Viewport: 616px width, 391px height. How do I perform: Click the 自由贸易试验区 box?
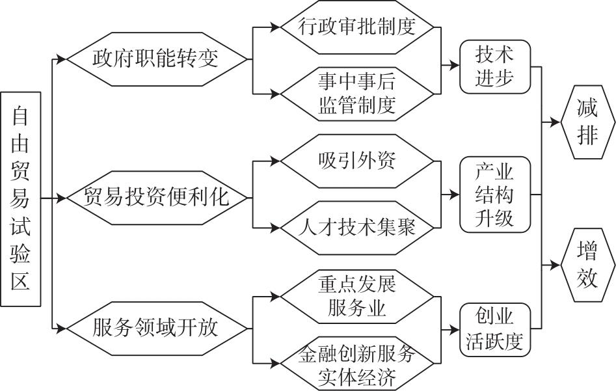click(21, 199)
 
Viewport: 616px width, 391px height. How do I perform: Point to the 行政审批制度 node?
click(356, 27)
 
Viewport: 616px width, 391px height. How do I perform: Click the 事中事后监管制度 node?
click(356, 94)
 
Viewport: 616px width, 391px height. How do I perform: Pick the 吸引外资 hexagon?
click(356, 161)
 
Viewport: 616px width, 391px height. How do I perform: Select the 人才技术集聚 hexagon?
click(356, 228)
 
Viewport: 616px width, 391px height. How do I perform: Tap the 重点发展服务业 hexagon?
click(356, 296)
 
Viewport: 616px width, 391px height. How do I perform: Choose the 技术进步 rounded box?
click(495, 66)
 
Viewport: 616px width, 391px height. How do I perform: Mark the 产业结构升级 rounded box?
click(495, 195)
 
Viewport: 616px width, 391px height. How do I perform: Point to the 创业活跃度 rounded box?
click(495, 330)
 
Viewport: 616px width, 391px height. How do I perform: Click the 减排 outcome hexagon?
click(588, 122)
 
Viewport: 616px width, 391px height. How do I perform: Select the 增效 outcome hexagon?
click(588, 265)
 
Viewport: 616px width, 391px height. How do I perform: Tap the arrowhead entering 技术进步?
click(454, 65)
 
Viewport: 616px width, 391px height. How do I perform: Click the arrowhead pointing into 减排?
click(555, 122)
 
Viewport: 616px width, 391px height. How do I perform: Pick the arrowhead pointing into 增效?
click(555, 265)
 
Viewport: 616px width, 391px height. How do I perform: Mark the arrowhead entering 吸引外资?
click(275, 161)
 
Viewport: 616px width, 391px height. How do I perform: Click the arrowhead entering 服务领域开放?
click(61, 328)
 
